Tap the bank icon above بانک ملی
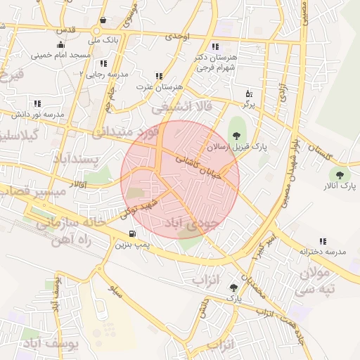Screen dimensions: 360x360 click(x=103, y=20)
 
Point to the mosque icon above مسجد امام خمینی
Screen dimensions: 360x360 click(x=60, y=44)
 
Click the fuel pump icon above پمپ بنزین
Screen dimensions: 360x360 click(x=131, y=234)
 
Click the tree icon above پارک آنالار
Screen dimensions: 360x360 click(x=340, y=175)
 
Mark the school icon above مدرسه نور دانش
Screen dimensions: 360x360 click(x=37, y=103)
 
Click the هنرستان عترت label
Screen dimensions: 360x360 click(x=158, y=86)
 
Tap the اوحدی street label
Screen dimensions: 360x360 click(x=178, y=36)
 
